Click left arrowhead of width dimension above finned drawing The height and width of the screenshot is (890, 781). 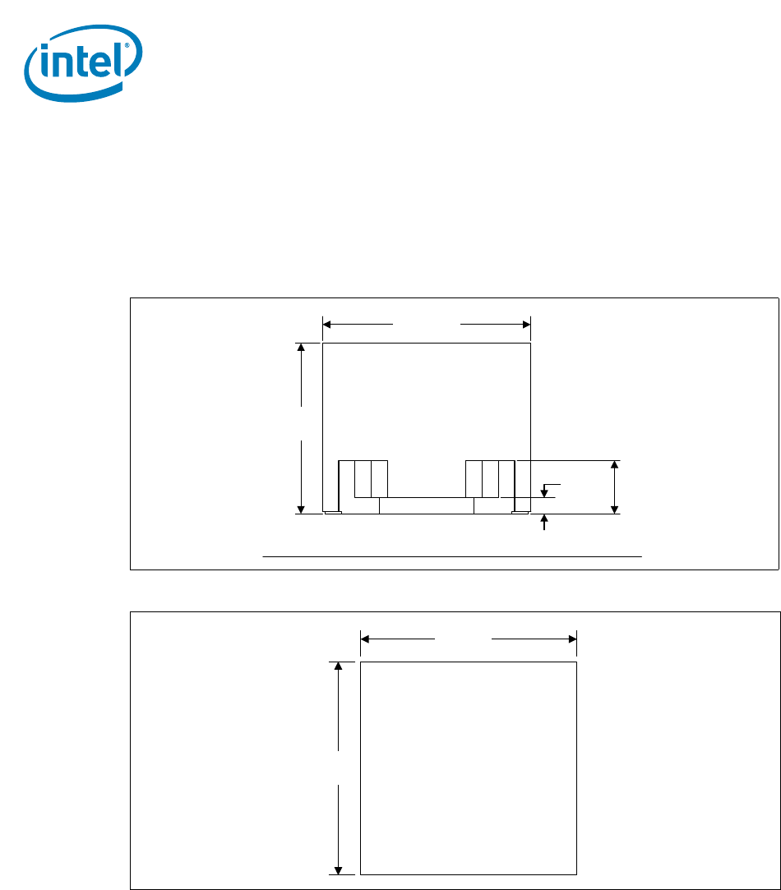point(327,325)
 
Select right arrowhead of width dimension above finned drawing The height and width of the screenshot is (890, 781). point(526,325)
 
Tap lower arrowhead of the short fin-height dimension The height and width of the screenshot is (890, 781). point(615,509)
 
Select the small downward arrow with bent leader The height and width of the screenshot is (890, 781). point(543,492)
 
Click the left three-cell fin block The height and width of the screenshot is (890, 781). point(363,479)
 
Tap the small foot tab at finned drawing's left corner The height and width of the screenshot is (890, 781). point(333,514)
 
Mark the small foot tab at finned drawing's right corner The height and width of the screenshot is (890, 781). point(520,514)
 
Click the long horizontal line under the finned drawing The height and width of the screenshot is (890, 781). point(451,556)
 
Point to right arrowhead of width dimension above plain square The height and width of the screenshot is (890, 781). point(572,638)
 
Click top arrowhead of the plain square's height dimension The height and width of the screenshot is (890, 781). point(338,666)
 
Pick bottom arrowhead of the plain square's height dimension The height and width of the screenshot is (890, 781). point(338,869)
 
